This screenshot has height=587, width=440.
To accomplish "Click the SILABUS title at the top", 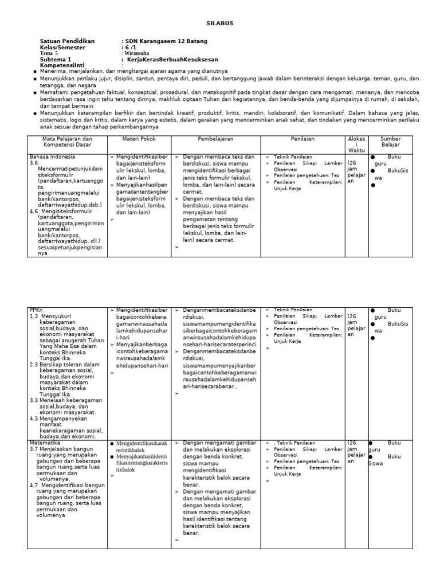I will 219,23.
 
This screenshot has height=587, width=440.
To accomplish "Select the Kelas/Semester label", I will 64,48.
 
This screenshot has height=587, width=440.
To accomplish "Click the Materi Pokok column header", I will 139,139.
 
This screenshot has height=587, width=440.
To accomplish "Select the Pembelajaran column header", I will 216,139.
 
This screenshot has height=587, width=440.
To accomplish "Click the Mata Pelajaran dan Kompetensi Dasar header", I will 68,142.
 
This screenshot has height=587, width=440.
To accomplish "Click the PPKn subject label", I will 36,310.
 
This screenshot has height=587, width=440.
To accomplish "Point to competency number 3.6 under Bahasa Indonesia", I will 33,163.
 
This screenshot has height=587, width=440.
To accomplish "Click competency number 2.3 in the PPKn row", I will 34,363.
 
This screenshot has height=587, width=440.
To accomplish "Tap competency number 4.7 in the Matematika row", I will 34,485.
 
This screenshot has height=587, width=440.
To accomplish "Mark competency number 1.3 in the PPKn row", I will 34,316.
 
